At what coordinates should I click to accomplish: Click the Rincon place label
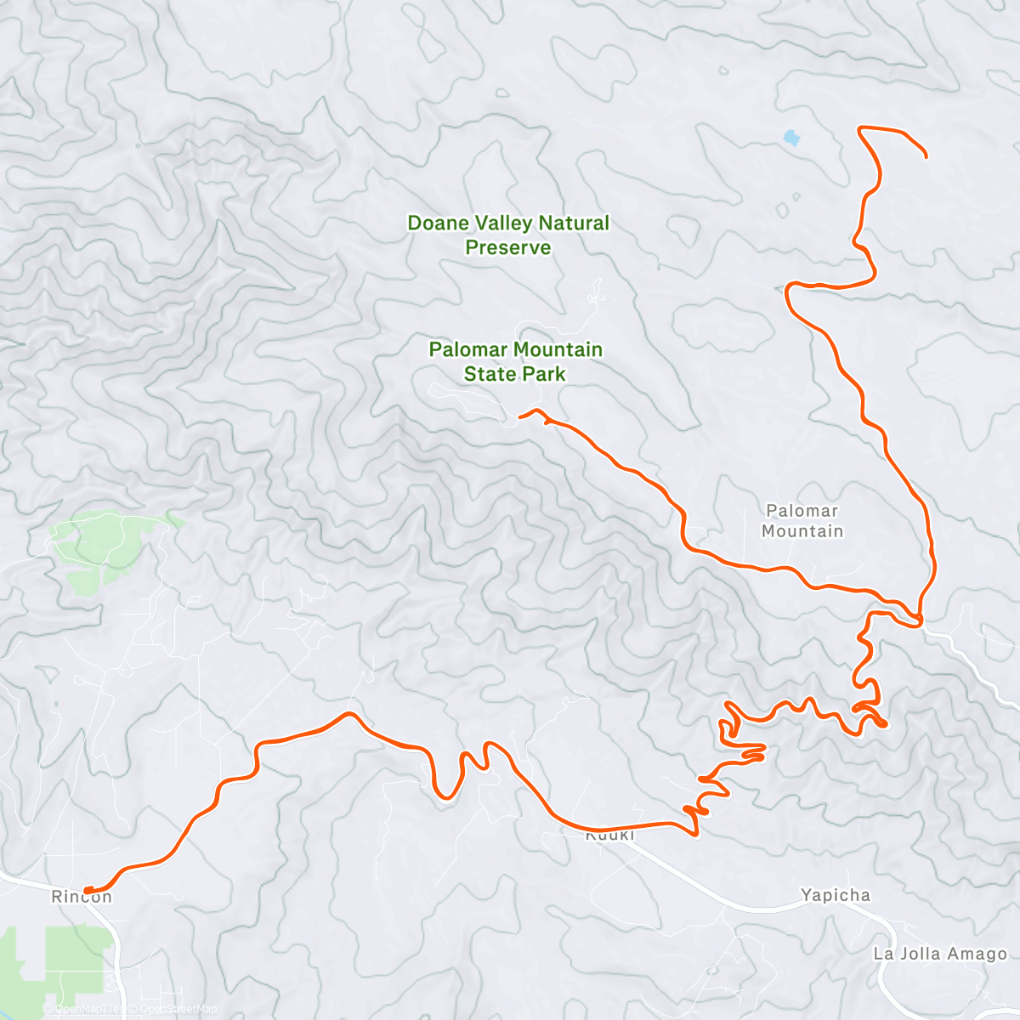tap(82, 898)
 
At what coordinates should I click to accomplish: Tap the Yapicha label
tap(835, 896)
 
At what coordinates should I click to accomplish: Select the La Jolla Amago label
tap(939, 954)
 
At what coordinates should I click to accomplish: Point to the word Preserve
tap(507, 248)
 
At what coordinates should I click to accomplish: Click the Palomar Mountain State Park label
tap(515, 361)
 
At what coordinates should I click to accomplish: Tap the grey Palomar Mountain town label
tap(802, 521)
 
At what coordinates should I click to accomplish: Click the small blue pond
tap(791, 137)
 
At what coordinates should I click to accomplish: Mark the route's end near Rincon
tap(87, 890)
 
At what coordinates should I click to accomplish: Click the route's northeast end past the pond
tap(925, 156)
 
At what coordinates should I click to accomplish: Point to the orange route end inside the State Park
tap(520, 416)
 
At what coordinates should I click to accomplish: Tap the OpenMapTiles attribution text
tap(84, 1010)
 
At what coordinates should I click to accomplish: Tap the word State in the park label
tap(488, 374)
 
